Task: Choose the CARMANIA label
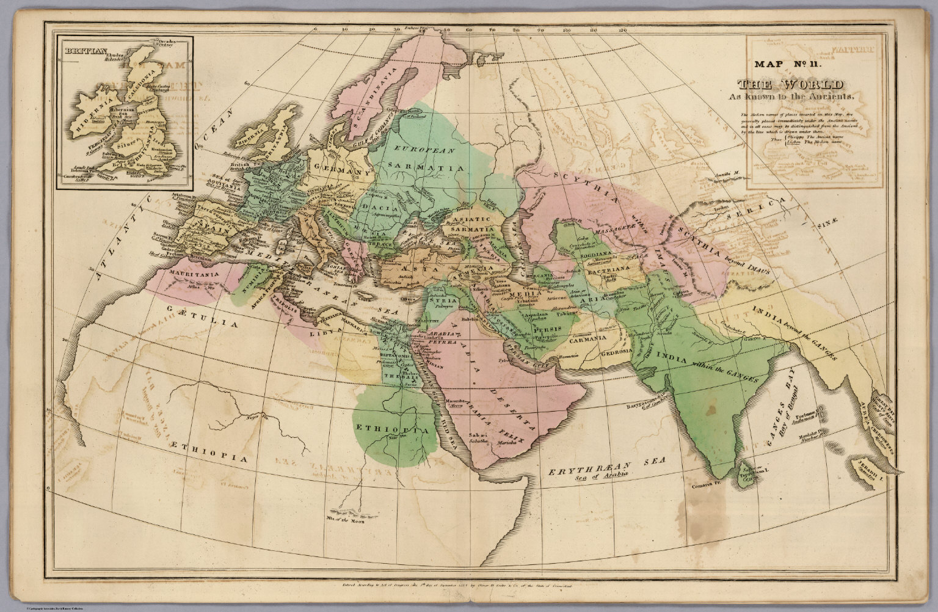coord(589,338)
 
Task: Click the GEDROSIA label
coord(619,354)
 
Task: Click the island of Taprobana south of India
coord(746,476)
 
